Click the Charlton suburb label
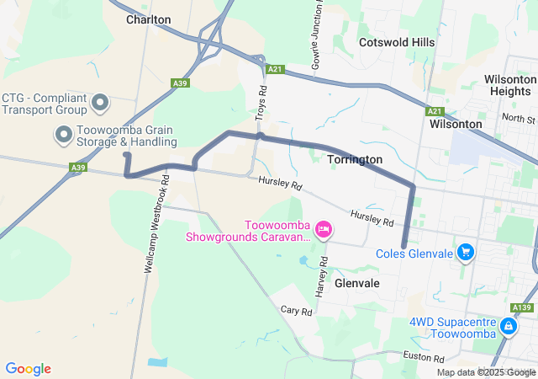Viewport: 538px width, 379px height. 148,19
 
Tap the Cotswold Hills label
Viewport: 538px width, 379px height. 396,42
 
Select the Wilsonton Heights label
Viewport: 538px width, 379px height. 509,84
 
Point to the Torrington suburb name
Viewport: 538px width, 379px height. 355,159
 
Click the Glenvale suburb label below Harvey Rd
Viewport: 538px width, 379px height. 357,284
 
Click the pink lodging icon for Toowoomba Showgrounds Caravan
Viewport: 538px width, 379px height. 323,229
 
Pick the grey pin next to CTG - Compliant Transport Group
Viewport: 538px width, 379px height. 100,104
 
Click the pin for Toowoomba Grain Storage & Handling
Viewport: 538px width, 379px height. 64,134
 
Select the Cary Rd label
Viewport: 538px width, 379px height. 296,311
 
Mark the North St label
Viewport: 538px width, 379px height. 518,119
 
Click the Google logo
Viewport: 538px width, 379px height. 28,369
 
